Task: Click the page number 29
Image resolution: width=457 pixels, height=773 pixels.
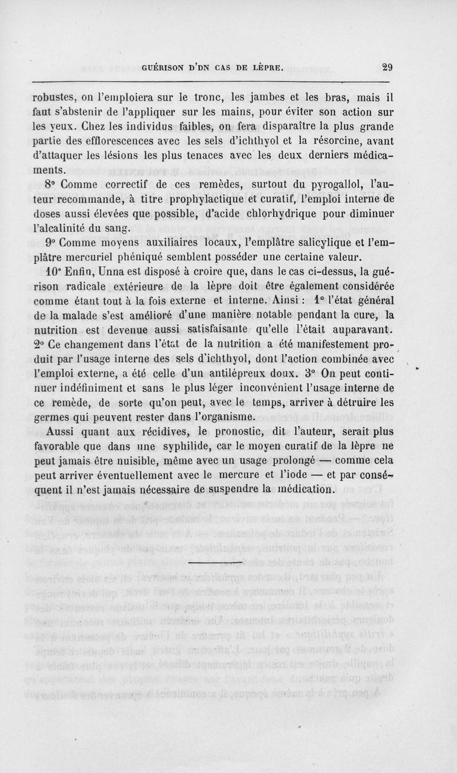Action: [x=387, y=67]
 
